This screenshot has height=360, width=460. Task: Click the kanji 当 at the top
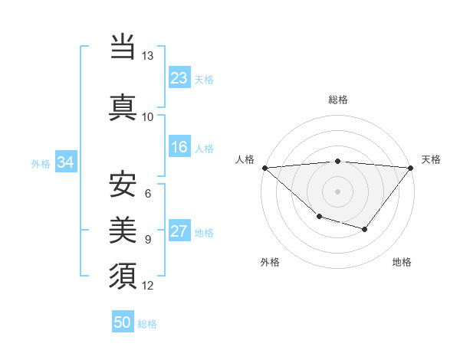[123, 47]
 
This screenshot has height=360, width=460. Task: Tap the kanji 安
[123, 185]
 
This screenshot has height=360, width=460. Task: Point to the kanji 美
[123, 229]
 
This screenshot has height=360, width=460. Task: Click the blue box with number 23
[179, 78]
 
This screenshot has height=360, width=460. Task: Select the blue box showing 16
[179, 148]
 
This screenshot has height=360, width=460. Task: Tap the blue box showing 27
[179, 232]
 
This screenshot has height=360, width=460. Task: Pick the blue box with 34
[65, 162]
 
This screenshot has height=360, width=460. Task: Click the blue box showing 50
[123, 322]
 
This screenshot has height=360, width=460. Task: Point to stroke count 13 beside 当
[148, 56]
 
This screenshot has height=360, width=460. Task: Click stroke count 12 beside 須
[148, 286]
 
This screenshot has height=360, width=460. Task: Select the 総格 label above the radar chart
[338, 100]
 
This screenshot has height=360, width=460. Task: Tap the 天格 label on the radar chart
[432, 159]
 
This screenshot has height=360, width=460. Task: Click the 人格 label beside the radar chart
[245, 159]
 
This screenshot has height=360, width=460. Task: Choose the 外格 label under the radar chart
[270, 263]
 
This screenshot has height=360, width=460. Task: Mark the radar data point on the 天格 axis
[412, 167]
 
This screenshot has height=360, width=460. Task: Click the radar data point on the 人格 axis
[264, 167]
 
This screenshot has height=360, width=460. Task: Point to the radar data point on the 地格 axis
[365, 229]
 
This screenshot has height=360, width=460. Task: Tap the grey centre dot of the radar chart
[338, 191]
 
